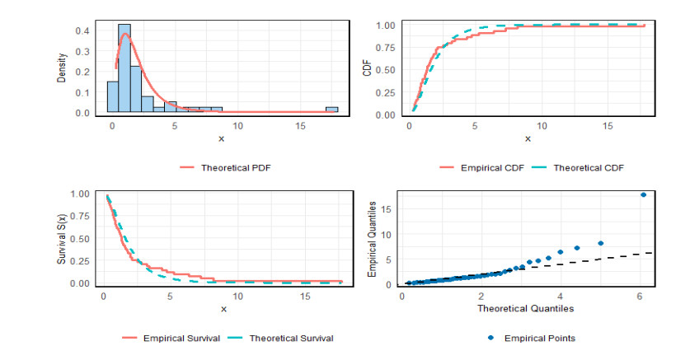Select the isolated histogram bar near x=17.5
tap(331, 110)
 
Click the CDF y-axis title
tap(368, 69)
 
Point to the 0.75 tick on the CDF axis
tap(383, 48)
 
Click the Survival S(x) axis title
tap(62, 239)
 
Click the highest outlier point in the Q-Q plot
tap(643, 194)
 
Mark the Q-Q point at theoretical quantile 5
tap(601, 243)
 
